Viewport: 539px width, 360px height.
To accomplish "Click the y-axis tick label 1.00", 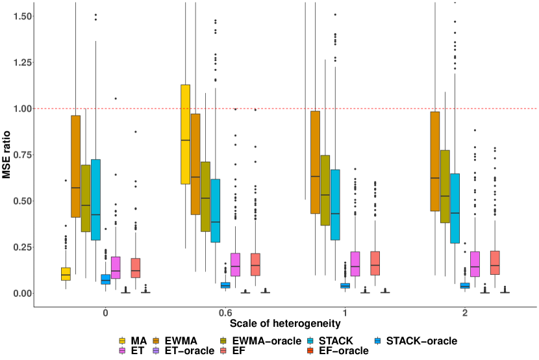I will (18, 109).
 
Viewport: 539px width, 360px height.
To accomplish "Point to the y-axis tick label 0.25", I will (18, 247).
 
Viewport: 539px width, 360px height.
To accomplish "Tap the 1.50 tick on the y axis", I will (18, 16).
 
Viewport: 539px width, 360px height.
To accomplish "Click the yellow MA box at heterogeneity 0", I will (66, 274).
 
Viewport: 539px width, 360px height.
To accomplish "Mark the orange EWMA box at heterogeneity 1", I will (316, 162).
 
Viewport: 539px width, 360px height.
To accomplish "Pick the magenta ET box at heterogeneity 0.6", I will (235, 264).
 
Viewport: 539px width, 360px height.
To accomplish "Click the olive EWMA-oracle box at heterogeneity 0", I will (86, 198).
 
